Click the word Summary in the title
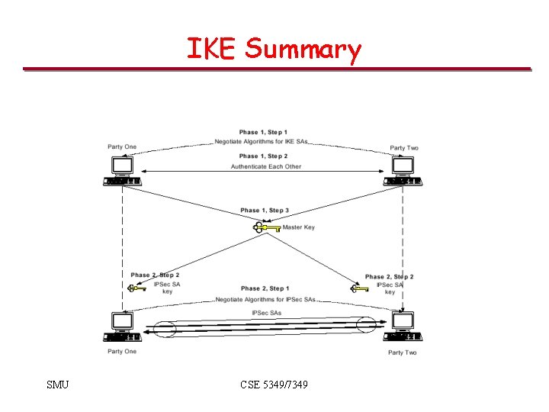click(303, 50)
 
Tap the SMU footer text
click(57, 385)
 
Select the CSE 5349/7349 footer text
click(274, 385)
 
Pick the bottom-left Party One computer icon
click(122, 327)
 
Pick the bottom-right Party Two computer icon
click(402, 327)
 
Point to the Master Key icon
click(266, 227)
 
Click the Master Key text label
click(298, 227)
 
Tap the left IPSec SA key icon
click(137, 288)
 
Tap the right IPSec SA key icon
click(359, 288)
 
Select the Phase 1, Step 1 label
click(263, 133)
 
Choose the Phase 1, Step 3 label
click(265, 211)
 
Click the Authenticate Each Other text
click(266, 166)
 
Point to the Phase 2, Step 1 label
click(265, 288)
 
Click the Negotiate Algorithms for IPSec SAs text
click(265, 299)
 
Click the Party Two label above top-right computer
click(403, 148)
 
